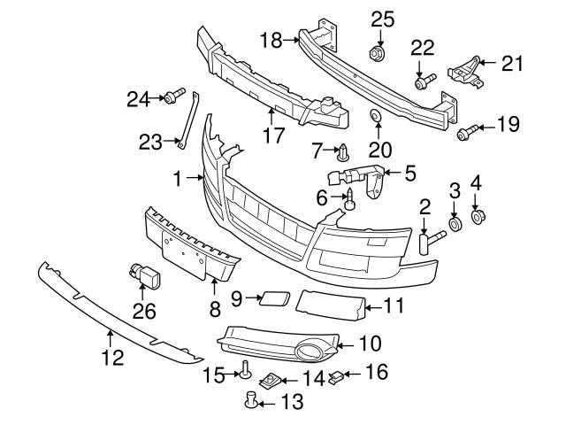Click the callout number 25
coord(381,18)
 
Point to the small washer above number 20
coord(376,116)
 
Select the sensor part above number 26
coord(144,277)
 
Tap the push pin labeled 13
coord(251,404)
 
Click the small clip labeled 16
coord(337,378)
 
